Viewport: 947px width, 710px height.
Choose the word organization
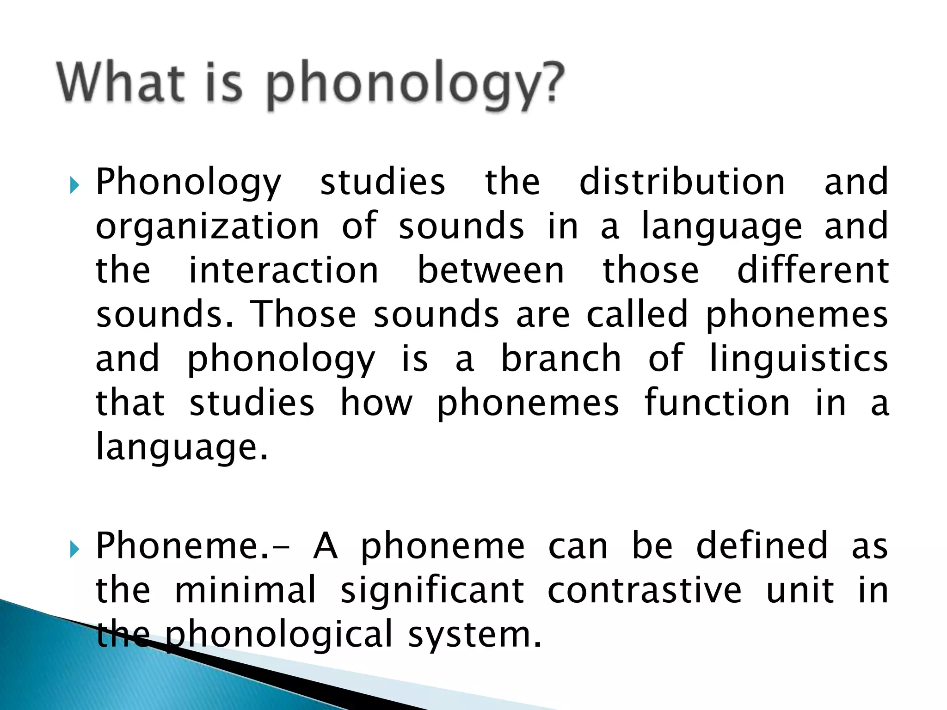[207, 226]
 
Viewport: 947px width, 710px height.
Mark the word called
[638, 314]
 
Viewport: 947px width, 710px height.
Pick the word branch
[561, 359]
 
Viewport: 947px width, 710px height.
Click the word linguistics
[799, 359]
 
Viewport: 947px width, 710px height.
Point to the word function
[717, 403]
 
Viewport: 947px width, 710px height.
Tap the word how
[376, 403]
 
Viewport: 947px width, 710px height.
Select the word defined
[762, 546]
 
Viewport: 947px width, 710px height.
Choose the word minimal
[246, 590]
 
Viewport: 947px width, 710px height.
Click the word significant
[432, 590]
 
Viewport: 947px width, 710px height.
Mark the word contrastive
[645, 590]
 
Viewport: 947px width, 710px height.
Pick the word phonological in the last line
[279, 635]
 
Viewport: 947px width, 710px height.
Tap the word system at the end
[474, 635]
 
